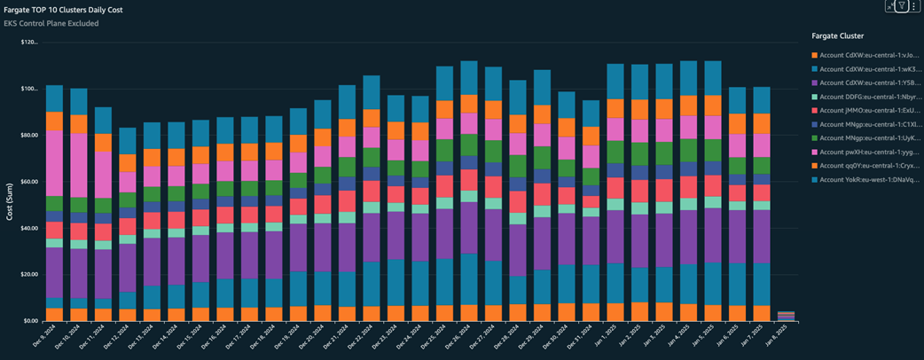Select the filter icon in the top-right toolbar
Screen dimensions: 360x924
901,6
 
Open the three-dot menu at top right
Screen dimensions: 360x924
914,6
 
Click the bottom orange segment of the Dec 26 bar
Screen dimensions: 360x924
469,312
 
